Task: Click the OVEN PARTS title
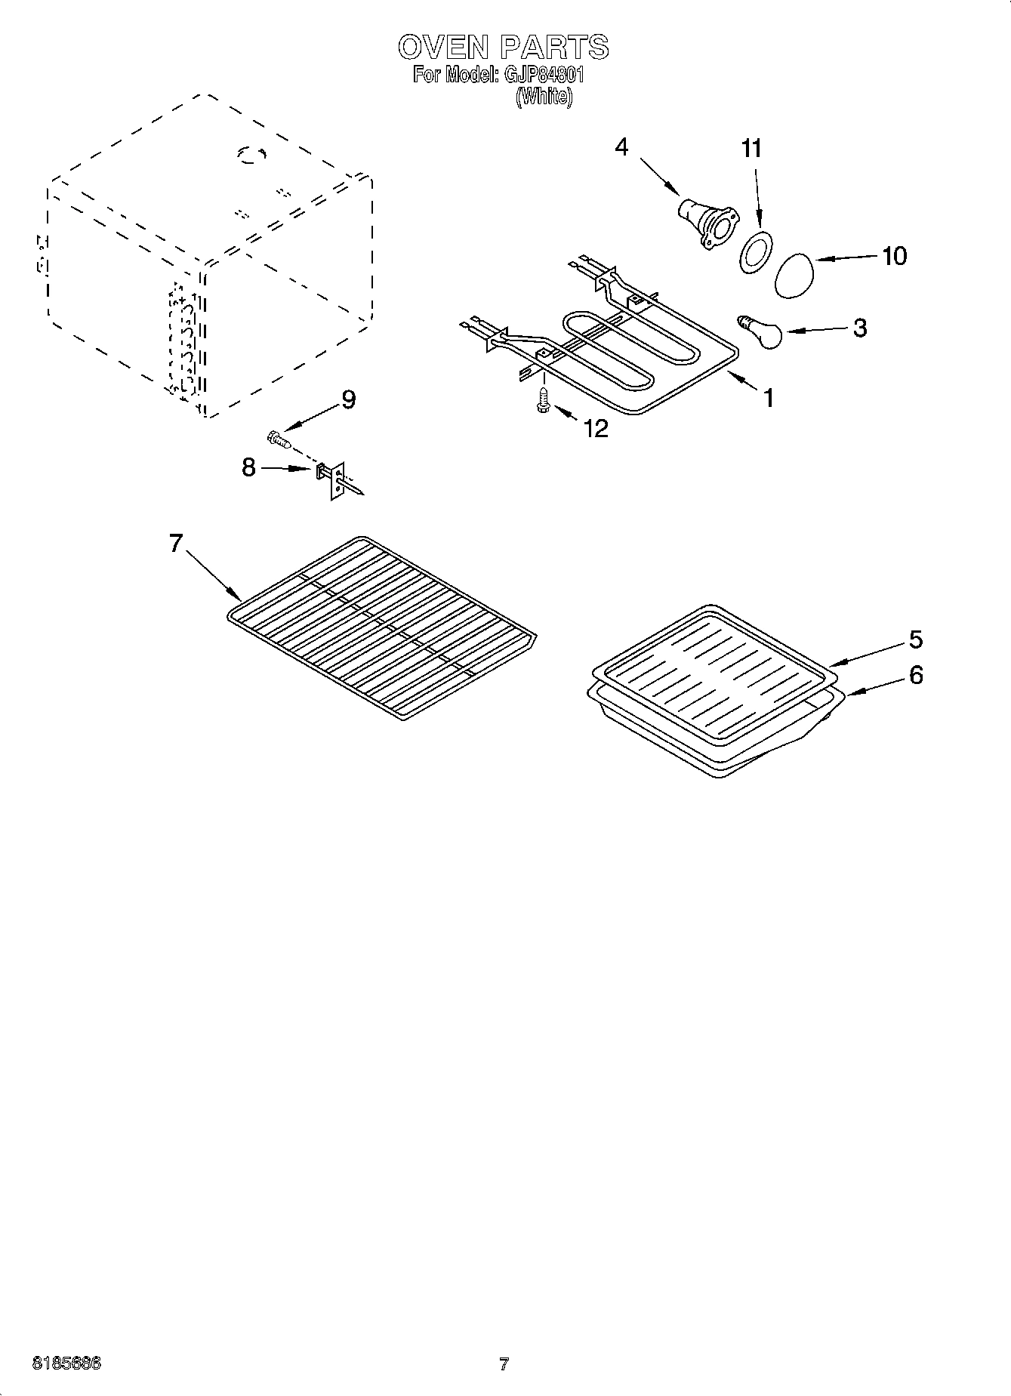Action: [503, 47]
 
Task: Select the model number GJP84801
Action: [541, 76]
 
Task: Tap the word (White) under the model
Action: [544, 97]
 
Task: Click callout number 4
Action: [621, 146]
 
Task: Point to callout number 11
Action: [751, 149]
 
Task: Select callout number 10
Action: [894, 256]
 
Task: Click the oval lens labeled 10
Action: [796, 276]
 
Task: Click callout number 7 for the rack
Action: [176, 542]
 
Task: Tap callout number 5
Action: [915, 639]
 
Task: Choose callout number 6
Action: [915, 674]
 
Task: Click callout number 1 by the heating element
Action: [768, 397]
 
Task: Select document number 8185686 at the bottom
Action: [66, 1364]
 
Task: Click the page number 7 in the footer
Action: [504, 1364]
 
